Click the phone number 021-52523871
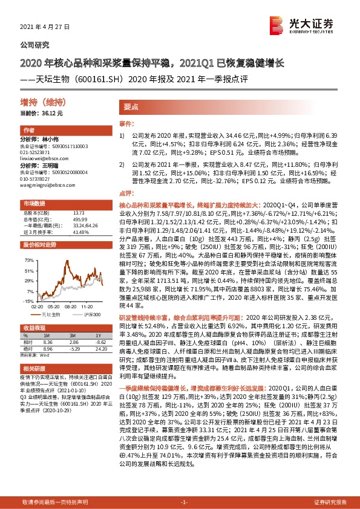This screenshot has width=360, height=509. [36, 152]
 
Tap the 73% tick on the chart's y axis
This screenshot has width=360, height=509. [29, 260]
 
